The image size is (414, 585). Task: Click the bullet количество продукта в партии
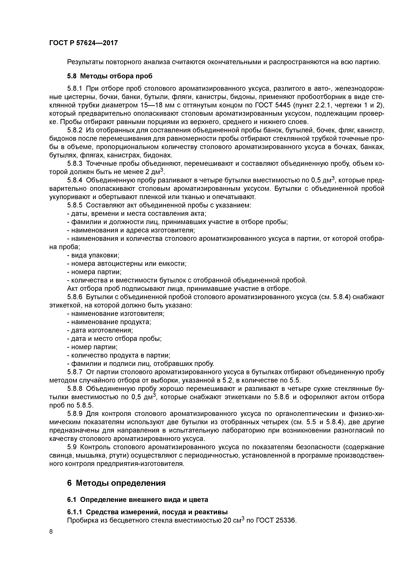(x=119, y=355)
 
